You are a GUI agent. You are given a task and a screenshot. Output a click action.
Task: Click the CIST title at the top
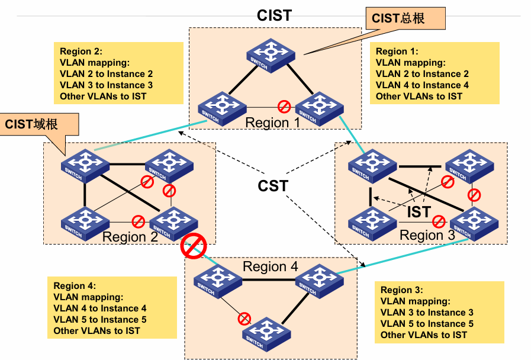coord(274,15)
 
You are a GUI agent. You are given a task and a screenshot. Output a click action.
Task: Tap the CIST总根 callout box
coord(406,18)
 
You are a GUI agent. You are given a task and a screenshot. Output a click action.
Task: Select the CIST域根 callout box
coord(39,124)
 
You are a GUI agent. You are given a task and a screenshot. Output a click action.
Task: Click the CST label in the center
coord(273,186)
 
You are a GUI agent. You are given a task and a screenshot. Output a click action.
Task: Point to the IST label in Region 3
coord(419,212)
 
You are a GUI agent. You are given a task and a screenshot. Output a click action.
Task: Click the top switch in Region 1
coord(271,55)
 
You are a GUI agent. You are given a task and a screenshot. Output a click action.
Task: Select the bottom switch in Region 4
coord(266,334)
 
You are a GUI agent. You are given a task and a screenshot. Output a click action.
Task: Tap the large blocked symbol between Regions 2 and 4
coord(194,246)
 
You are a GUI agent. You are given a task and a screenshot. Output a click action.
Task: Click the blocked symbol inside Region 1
coord(284,107)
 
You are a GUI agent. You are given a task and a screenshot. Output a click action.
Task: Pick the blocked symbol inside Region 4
coord(244,319)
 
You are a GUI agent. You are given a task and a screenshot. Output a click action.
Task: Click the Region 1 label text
coord(273,123)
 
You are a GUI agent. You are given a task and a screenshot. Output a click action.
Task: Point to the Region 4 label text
coord(271,266)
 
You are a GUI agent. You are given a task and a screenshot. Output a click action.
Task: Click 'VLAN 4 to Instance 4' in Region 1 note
coord(422,85)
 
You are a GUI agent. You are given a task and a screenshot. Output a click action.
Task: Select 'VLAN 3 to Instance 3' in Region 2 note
coord(106,85)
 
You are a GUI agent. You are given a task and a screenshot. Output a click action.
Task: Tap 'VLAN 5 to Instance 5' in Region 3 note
coord(427,323)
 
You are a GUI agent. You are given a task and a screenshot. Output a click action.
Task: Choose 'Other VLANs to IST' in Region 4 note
coord(96,330)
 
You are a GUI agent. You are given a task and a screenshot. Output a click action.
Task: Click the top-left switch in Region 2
coord(85,166)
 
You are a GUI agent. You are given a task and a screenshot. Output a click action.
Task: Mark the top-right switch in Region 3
coord(469,166)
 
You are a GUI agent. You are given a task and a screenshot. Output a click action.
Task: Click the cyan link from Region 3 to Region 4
coord(403,256)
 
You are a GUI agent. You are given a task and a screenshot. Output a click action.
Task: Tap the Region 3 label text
coord(427,235)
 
